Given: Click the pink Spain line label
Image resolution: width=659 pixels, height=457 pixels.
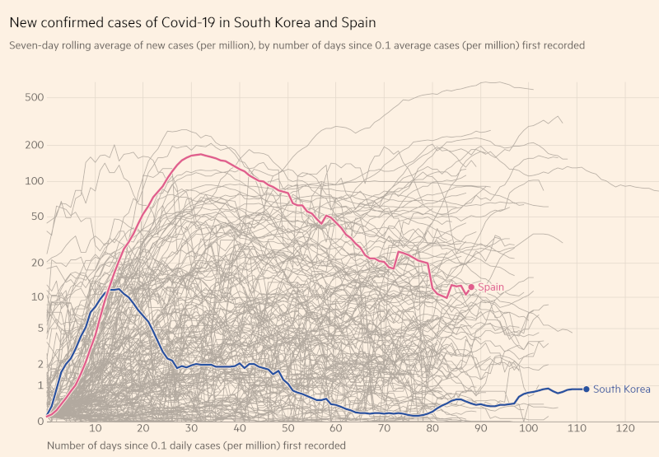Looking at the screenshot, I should (x=491, y=287).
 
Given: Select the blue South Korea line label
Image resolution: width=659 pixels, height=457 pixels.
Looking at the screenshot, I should (x=622, y=389).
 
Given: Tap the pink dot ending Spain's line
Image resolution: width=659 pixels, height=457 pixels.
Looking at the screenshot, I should (x=471, y=287).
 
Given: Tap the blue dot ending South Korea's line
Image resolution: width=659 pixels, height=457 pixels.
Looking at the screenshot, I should (x=587, y=389).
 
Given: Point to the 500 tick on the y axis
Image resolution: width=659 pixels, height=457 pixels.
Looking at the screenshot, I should (x=34, y=98).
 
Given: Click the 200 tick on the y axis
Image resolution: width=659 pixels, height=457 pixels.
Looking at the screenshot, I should (x=34, y=146).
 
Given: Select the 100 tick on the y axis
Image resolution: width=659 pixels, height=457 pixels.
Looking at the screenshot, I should (x=34, y=181).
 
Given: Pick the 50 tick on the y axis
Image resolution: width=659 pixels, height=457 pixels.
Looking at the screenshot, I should (x=36, y=217).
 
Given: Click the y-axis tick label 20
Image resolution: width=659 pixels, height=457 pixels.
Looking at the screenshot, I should (x=36, y=263).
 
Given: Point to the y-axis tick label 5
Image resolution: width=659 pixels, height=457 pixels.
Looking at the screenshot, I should (x=39, y=329).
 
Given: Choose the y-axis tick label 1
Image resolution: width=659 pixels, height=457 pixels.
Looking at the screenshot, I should (x=39, y=385).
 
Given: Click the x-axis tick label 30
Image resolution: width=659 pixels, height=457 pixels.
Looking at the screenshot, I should (x=192, y=429).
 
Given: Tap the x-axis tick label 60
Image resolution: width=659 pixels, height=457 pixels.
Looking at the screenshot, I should (x=336, y=429).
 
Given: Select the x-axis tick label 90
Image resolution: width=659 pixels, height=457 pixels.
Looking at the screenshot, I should (x=481, y=429).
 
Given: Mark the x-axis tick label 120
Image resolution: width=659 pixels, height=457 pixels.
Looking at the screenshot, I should (x=625, y=429).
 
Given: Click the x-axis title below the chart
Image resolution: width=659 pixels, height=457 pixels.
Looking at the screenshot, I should (x=196, y=445).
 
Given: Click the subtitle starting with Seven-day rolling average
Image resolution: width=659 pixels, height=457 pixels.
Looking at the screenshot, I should (x=297, y=45).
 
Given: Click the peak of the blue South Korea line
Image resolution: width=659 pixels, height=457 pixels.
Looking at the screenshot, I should (x=119, y=289).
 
